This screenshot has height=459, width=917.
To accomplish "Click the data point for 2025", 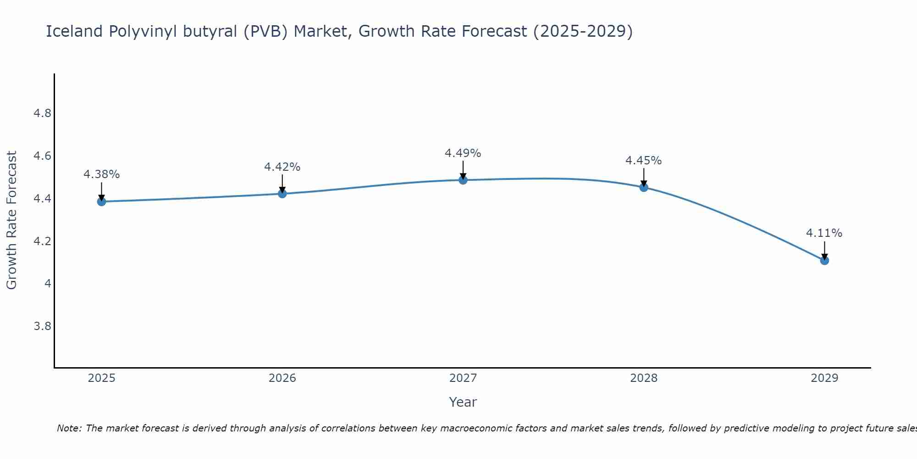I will [101, 202].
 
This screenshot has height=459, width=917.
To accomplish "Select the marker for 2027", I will [463, 180].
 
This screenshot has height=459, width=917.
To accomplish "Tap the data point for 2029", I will [824, 260].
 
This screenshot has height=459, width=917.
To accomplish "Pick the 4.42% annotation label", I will [282, 167].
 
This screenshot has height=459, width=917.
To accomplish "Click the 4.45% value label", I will [643, 161].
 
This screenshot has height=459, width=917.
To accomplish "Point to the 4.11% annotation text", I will [824, 233].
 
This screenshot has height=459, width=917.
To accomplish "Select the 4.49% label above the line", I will [463, 153].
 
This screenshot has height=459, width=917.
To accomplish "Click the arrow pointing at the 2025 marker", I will [101, 190].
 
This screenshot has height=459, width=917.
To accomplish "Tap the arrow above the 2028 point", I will [644, 177].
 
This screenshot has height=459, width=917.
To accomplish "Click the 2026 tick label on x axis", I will [282, 378].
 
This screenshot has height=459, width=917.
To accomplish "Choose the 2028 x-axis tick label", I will [643, 378].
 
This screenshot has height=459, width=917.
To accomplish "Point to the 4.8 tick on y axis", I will [42, 113].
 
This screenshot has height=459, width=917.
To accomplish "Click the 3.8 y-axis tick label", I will [42, 326].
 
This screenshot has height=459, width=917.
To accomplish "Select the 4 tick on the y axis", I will [48, 284].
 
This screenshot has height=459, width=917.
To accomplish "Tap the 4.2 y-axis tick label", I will [42, 241].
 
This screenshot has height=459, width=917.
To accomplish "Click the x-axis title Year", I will [463, 402].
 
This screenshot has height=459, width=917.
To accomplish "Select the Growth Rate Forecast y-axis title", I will [11, 220].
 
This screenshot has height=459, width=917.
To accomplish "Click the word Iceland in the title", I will [74, 31].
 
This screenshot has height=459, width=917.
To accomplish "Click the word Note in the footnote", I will [68, 428].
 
